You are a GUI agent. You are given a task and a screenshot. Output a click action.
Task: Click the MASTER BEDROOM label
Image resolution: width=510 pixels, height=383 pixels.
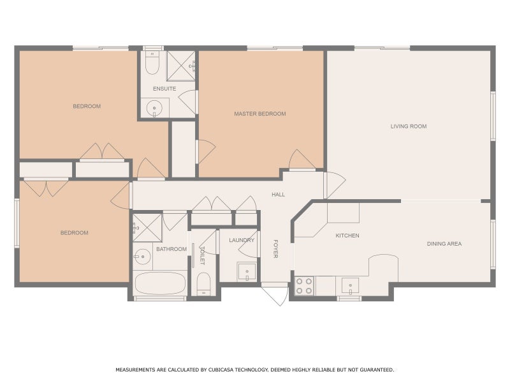(x=259, y=114)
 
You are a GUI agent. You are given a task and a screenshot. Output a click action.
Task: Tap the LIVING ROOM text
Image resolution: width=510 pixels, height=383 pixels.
(x=409, y=126)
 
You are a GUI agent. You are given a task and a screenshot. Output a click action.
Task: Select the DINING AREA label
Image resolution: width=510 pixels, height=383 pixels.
(x=444, y=244)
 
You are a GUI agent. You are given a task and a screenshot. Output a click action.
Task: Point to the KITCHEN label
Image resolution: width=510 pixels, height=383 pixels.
(x=347, y=236)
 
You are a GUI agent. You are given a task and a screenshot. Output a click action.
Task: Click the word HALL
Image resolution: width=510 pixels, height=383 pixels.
(x=278, y=195)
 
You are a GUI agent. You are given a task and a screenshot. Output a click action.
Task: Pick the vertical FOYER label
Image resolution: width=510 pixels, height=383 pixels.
(x=276, y=248)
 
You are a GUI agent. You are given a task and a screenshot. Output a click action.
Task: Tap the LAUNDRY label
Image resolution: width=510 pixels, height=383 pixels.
(x=242, y=240)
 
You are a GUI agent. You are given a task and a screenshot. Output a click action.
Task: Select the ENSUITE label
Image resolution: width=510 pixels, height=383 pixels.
(x=164, y=89)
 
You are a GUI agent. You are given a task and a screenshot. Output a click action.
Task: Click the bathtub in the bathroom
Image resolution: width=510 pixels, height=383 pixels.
(x=159, y=283)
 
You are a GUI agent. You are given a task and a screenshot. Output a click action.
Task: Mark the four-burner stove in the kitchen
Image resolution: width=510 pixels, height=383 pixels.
(x=305, y=285)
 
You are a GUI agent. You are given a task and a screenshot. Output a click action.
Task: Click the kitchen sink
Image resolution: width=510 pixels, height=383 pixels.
(x=349, y=285)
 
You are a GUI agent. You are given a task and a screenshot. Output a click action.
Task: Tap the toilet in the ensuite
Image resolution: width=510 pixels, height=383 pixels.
(x=152, y=63)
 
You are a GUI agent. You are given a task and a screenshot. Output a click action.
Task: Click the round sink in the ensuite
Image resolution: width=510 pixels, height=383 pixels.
(x=154, y=109)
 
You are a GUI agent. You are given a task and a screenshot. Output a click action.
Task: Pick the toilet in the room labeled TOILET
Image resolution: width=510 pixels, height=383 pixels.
(x=204, y=283)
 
